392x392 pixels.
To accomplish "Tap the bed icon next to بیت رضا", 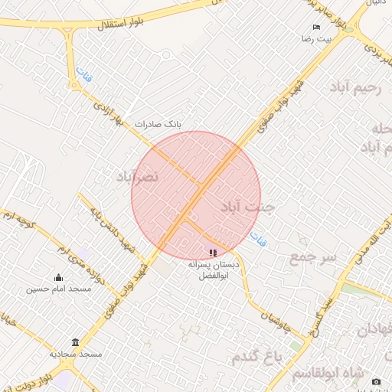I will [316, 27].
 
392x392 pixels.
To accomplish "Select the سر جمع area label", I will [312, 258].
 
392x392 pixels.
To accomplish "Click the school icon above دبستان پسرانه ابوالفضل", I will [213, 252].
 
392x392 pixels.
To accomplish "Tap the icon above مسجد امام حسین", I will [59, 278].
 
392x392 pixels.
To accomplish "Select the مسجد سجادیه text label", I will [75, 354].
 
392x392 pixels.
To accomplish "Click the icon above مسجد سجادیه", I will [75, 342].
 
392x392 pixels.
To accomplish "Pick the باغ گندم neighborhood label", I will [257, 358].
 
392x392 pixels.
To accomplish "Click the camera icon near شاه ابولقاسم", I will [375, 381].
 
